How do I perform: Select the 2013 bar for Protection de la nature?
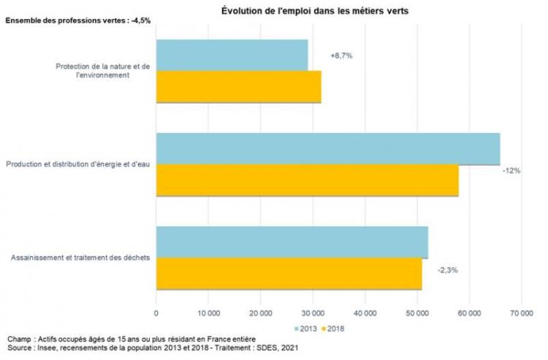point(232,55)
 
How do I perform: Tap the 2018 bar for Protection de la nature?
point(238,86)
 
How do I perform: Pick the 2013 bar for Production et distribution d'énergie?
point(327,149)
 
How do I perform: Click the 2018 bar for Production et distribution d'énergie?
point(307,180)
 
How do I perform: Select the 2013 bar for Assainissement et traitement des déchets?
point(292,242)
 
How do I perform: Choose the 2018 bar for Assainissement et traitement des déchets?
point(289,274)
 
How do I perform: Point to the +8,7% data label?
point(341,55)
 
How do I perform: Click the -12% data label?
point(511,170)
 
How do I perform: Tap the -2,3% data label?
point(448,270)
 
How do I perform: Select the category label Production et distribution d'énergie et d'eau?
point(77,164)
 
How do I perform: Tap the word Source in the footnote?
point(18,348)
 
